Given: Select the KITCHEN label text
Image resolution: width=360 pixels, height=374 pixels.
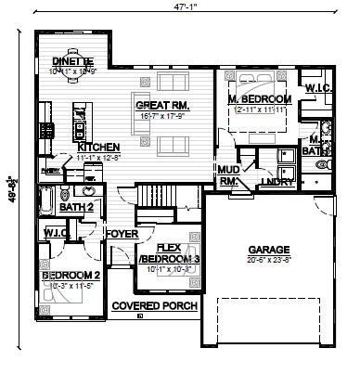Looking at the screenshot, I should click(x=98, y=148).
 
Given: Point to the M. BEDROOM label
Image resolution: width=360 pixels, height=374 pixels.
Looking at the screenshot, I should click(x=260, y=98).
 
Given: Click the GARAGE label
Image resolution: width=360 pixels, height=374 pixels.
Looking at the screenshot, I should click(x=268, y=250).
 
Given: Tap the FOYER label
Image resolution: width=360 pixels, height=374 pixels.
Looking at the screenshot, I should click(x=121, y=234).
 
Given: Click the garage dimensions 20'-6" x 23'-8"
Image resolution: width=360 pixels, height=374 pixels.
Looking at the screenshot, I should click(x=268, y=262).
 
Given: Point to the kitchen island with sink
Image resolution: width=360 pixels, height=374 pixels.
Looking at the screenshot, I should click(x=80, y=120).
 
